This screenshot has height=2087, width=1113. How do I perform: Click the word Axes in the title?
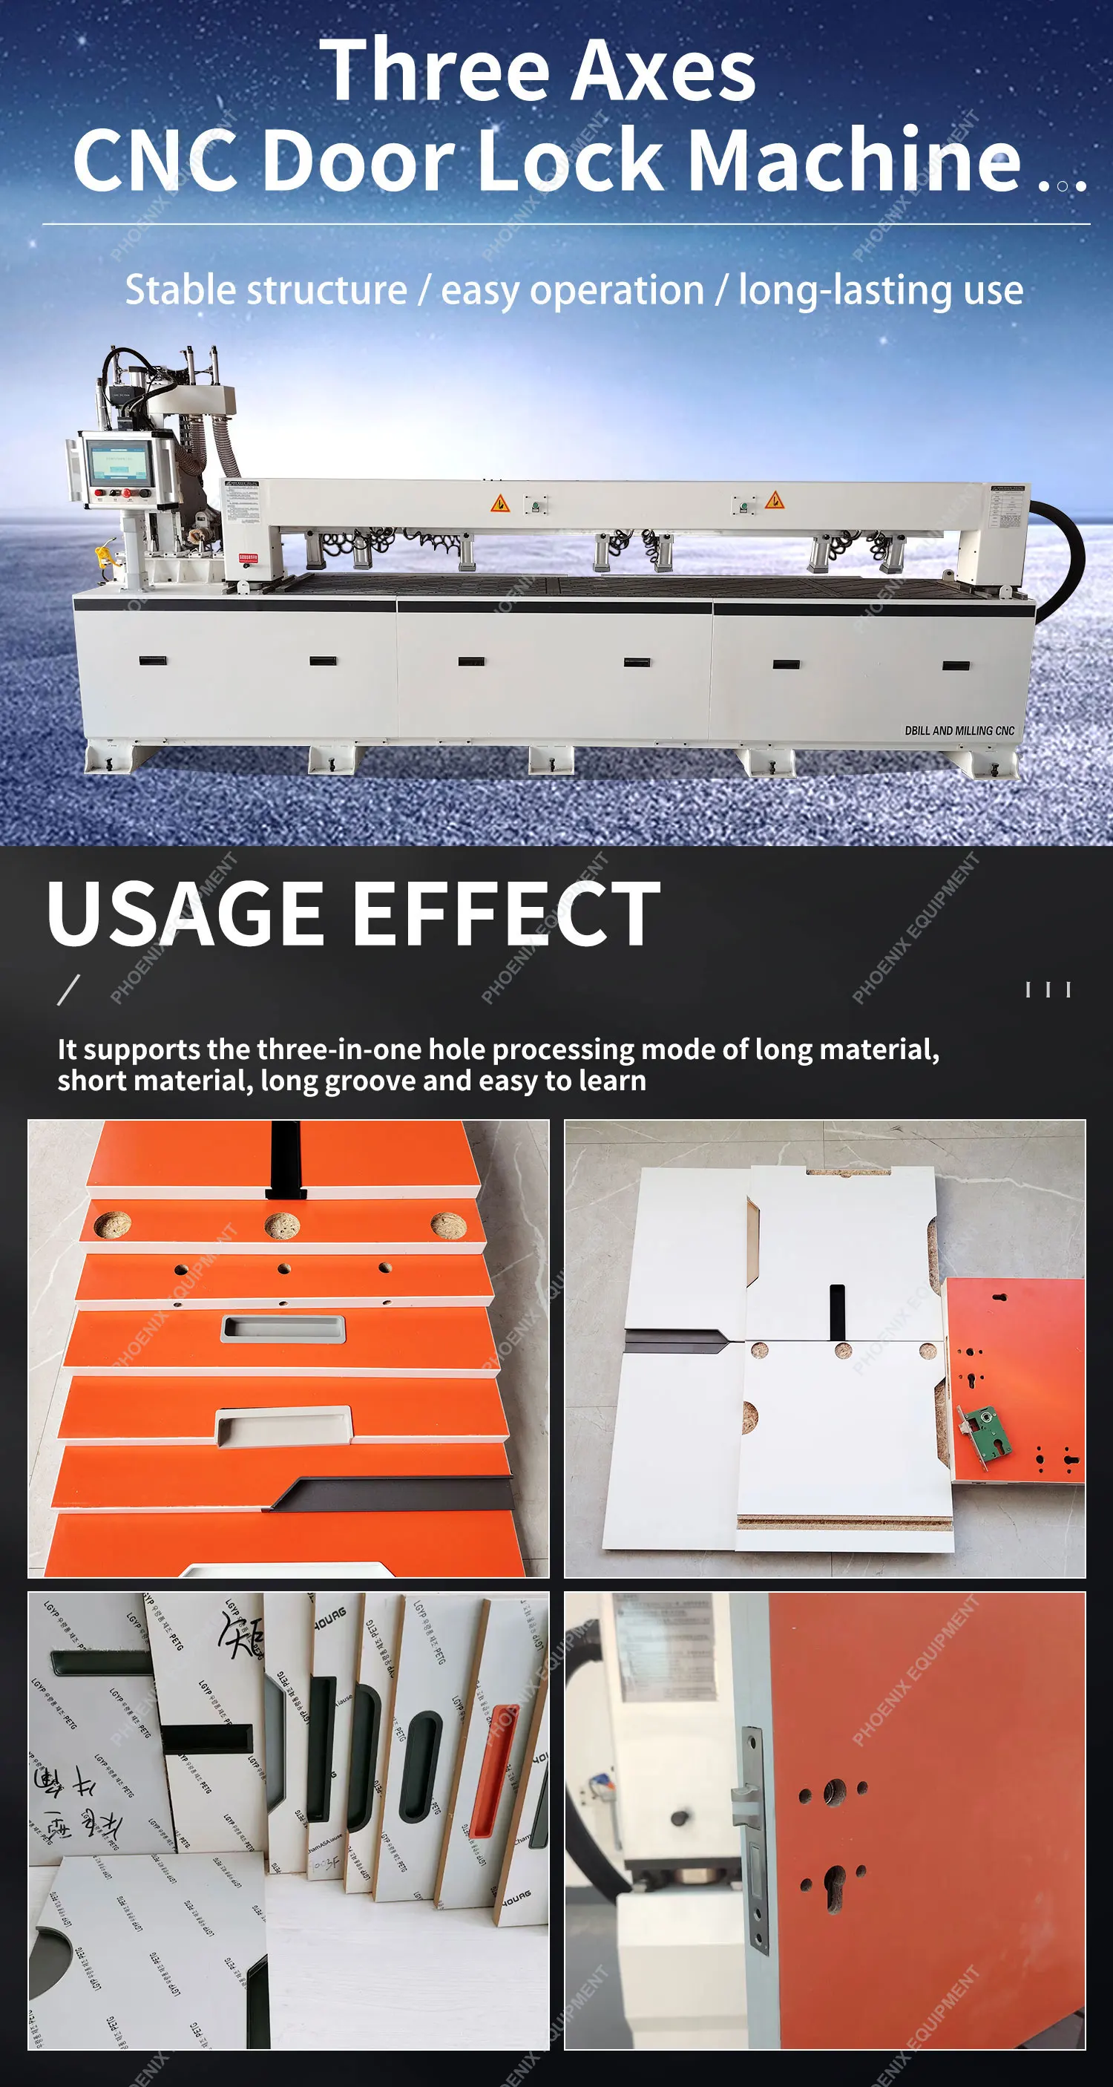coord(666,73)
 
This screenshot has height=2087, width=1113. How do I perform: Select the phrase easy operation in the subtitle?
coord(572,291)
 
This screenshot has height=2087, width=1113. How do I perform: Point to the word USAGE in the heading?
coord(185,914)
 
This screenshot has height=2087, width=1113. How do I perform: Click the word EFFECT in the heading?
coord(506,914)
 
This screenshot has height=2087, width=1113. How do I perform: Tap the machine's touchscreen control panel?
coord(120,462)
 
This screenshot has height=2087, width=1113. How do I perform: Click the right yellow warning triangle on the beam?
coord(775,500)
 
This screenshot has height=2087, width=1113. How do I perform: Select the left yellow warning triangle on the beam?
coord(500,503)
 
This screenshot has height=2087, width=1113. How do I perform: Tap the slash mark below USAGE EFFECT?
coord(68,989)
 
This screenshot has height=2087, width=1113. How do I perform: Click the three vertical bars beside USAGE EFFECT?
coord(1048,989)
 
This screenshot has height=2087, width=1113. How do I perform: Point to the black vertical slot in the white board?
coord(837,1311)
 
